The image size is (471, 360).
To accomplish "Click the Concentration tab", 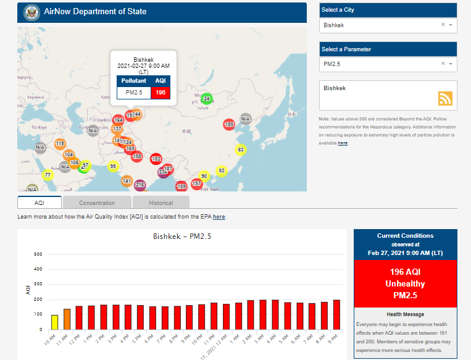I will pyautogui.click(x=97, y=203).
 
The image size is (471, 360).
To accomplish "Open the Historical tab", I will pyautogui.click(x=160, y=203).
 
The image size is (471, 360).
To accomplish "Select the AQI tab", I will pyautogui.click(x=40, y=203).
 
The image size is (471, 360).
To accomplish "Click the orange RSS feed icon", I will pyautogui.click(x=446, y=98).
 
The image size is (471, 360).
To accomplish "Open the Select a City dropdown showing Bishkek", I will pyautogui.click(x=388, y=25).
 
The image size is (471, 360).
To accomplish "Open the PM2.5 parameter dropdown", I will pyautogui.click(x=388, y=64).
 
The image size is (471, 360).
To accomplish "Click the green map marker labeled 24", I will pyautogui.click(x=207, y=99).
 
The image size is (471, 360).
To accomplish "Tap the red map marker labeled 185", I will pyautogui.click(x=229, y=125).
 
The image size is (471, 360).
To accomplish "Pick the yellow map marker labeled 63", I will pyautogui.click(x=241, y=149).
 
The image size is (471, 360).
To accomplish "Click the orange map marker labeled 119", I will pyautogui.click(x=60, y=144).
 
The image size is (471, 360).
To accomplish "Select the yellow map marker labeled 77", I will pyautogui.click(x=48, y=175).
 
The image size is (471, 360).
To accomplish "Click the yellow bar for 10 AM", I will pyautogui.click(x=54, y=322).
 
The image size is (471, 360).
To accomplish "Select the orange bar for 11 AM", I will pyautogui.click(x=67, y=319).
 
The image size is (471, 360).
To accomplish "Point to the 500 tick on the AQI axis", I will pyautogui.click(x=38, y=254).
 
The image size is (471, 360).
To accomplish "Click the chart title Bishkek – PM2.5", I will pyautogui.click(x=183, y=237).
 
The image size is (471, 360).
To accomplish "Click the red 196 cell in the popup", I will pyautogui.click(x=160, y=93).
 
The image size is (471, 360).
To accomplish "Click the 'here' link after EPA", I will pyautogui.click(x=219, y=217).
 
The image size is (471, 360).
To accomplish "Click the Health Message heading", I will pyautogui.click(x=405, y=314).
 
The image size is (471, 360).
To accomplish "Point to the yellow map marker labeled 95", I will pyautogui.click(x=113, y=166).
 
